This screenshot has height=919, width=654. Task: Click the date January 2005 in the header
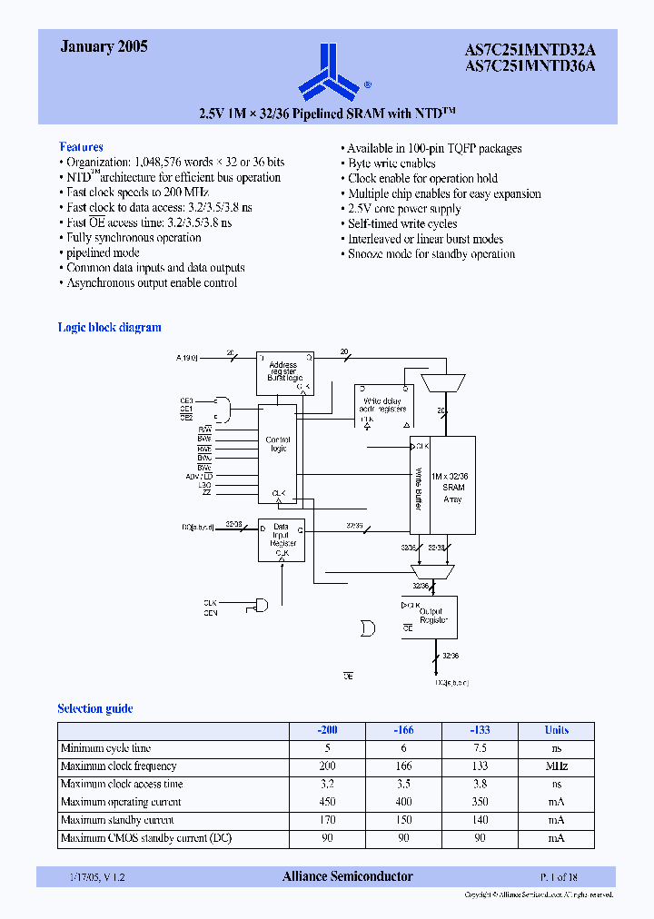[104, 47]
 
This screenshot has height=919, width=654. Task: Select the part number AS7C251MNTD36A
[543, 66]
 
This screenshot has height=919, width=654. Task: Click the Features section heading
[81, 147]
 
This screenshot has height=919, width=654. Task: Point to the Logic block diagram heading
[109, 328]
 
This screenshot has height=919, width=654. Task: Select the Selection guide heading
[94, 709]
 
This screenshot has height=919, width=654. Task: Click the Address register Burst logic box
[283, 372]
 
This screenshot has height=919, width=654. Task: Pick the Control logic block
[278, 454]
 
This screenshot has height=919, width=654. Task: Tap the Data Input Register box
[282, 539]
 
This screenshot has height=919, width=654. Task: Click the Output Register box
[432, 617]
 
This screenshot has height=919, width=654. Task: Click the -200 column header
[327, 730]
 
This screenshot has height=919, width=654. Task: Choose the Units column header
[556, 730]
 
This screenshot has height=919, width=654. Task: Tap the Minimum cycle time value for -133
[480, 748]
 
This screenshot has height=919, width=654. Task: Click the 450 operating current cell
[327, 802]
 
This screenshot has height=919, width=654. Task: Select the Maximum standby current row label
[117, 820]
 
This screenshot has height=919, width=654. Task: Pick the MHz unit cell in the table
[556, 766]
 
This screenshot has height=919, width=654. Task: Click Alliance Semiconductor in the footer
[347, 876]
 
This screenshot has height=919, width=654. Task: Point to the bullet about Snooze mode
[431, 254]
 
